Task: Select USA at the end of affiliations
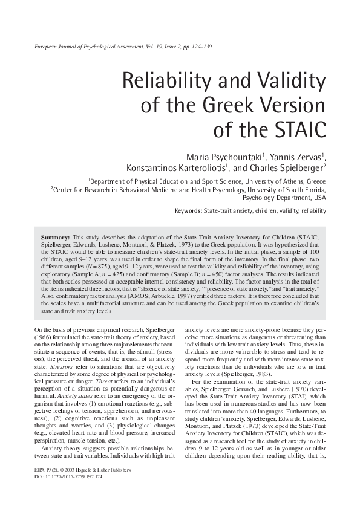[320, 197]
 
